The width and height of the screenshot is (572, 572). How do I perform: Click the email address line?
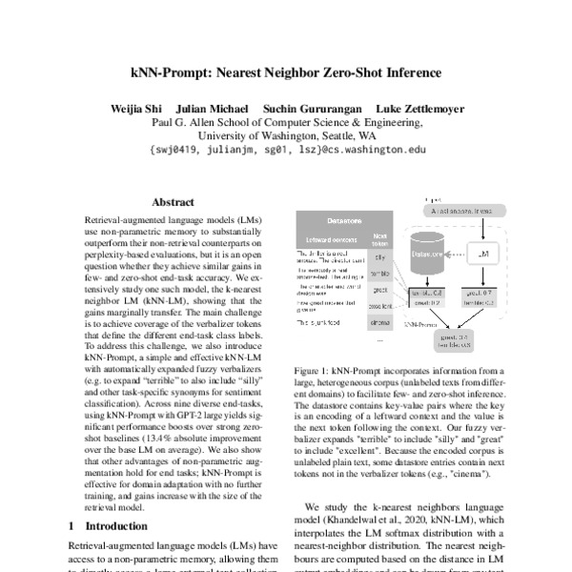285,151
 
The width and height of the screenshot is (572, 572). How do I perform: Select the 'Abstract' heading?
173,202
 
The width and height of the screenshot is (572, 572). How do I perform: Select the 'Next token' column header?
380,237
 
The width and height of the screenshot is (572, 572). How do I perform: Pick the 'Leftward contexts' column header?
330,237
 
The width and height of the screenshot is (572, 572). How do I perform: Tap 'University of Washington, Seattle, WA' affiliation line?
285,136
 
